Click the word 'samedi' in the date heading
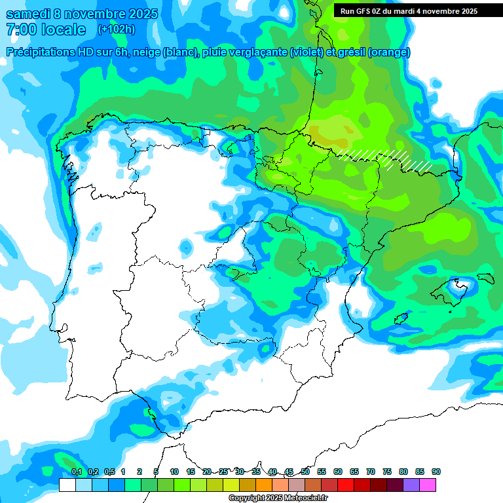coord(28,14)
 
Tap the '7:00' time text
coord(20,29)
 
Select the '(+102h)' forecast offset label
coord(116,29)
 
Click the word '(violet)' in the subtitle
coord(307,52)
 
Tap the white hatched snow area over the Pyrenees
coord(386,158)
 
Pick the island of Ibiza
coord(401,318)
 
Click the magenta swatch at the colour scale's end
coord(428,485)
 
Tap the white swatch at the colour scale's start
coord(67,485)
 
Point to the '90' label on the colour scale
coord(436,472)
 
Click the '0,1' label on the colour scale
coord(76,472)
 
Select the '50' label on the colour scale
coord(305,472)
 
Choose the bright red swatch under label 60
coord(346,485)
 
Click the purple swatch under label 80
coord(411,485)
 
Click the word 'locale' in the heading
coord(63,29)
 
